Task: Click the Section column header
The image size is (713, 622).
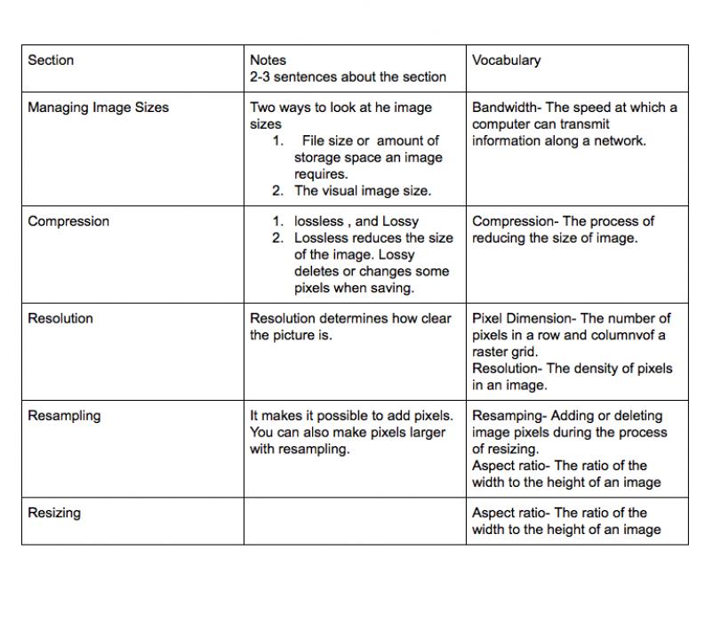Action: pos(51,60)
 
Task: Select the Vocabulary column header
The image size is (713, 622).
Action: pos(506,60)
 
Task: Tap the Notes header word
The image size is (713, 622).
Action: pos(268,60)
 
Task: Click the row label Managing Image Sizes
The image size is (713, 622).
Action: pos(98,108)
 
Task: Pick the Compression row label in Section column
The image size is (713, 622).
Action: pos(69,221)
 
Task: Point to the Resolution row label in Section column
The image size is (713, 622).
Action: pos(60,318)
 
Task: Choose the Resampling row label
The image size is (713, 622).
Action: pos(64,415)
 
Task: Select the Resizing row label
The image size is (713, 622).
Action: pos(54,513)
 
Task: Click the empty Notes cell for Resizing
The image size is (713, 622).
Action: pos(354,522)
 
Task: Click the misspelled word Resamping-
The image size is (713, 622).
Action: pos(509,415)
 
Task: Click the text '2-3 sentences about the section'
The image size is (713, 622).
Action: pos(348,77)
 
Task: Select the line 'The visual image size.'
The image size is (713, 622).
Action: pos(363,190)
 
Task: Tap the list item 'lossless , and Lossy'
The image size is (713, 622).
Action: pos(356,221)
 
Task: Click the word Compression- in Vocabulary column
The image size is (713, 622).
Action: pos(515,221)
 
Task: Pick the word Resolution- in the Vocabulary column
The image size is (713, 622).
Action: pos(508,369)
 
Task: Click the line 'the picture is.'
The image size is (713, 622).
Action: pos(291,335)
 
